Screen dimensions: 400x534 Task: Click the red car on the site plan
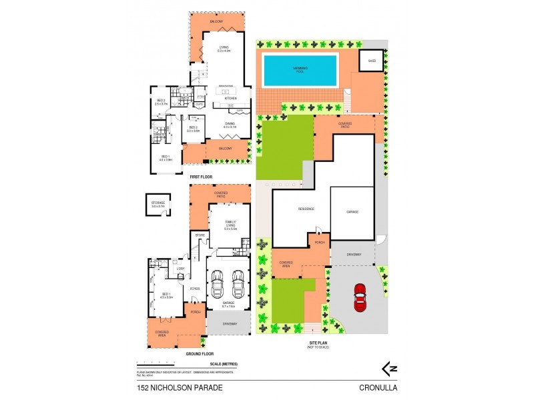360,298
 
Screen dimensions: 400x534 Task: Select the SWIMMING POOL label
300,69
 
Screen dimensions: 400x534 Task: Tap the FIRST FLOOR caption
202,177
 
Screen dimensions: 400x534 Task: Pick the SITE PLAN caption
318,344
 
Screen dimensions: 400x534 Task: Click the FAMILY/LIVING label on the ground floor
230,224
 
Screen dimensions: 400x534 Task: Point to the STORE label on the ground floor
199,235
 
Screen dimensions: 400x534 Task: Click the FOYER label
196,288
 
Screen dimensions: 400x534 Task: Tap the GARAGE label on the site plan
352,211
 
